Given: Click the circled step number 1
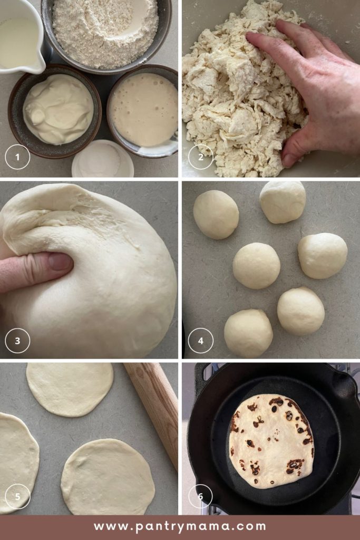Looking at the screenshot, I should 17,157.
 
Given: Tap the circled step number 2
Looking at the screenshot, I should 200,157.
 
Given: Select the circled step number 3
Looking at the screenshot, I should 17,341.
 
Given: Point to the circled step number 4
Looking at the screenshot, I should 200,341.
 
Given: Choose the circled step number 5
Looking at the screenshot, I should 17,496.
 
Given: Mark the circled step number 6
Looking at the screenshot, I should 200,496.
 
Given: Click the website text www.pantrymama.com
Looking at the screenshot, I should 180,526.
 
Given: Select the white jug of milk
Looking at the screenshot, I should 21,34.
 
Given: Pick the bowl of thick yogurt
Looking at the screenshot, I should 57,109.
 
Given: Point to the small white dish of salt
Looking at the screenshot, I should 103,160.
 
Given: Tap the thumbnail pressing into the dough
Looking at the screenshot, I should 60,262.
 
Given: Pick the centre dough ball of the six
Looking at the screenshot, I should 256,265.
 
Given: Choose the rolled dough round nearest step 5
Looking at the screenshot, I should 17,461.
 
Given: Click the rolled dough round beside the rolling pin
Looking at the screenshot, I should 70,389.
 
